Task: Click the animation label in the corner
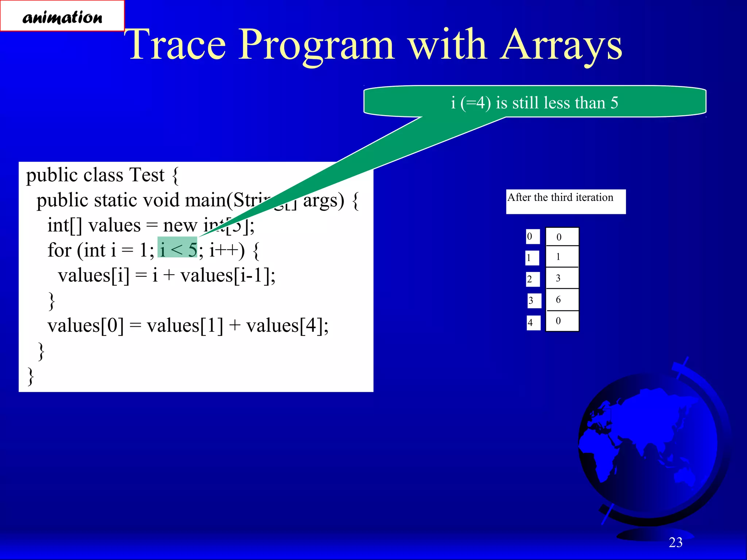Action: pos(62,16)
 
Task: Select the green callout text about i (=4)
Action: pos(534,102)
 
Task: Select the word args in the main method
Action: pos(323,201)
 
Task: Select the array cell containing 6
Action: pos(562,300)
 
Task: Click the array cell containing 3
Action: pos(562,278)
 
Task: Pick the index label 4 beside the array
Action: pos(533,323)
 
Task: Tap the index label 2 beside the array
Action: pos(532,280)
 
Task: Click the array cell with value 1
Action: pos(562,257)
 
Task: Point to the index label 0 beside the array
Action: pos(532,237)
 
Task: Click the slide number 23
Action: pos(675,542)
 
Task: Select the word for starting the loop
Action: pos(59,250)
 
